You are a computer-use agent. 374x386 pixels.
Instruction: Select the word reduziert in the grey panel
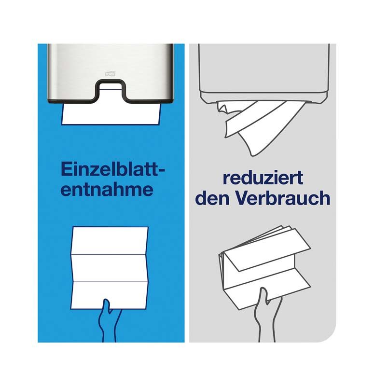pyautogui.click(x=263, y=178)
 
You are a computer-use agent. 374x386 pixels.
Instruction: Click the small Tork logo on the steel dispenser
pyautogui.click(x=111, y=72)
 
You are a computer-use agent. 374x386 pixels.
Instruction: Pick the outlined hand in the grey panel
pyautogui.click(x=267, y=314)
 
